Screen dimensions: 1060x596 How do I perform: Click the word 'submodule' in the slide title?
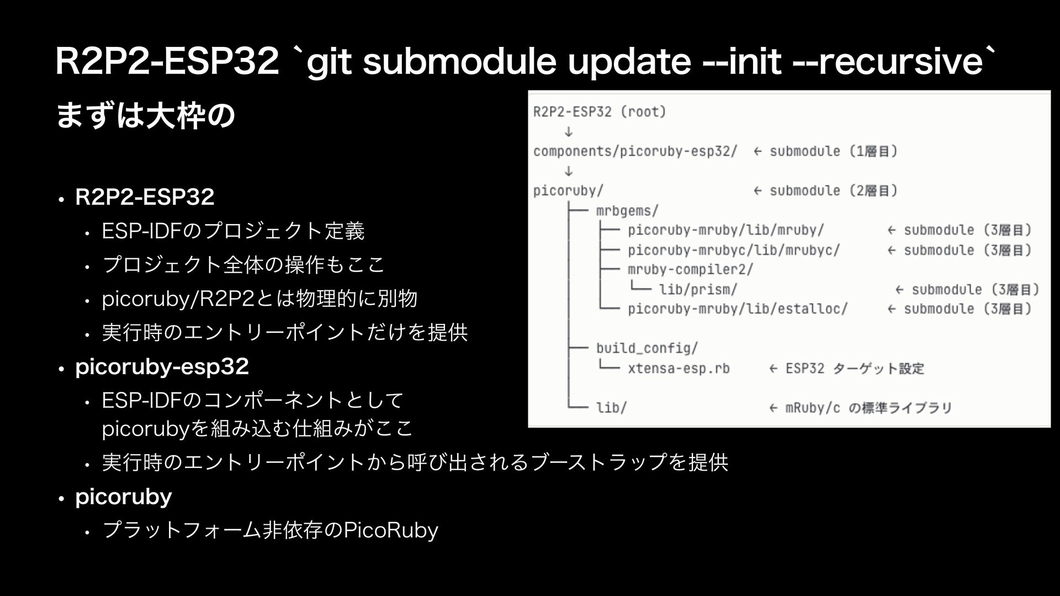pos(460,62)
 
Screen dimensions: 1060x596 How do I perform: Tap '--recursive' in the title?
pos(888,62)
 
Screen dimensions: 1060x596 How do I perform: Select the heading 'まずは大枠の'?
pos(146,116)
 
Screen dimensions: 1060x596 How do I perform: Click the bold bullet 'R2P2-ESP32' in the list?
pos(145,197)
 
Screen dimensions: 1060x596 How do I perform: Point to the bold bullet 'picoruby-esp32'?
pos(162,366)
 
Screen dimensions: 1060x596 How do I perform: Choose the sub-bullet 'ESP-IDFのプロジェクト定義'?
pos(233,231)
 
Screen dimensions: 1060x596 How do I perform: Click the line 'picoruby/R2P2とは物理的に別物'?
pos(259,299)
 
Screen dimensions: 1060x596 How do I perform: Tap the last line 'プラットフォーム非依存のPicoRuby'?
pos(270,530)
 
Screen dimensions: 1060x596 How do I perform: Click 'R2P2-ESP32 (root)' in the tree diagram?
pos(600,112)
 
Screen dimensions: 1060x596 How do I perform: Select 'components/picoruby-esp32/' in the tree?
pos(635,151)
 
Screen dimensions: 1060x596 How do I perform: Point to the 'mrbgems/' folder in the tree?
pos(627,211)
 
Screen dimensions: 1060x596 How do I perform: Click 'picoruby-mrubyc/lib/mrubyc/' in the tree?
pos(734,250)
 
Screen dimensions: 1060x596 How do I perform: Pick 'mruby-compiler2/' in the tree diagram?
pos(690,270)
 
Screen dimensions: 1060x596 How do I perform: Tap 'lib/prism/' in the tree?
pos(698,289)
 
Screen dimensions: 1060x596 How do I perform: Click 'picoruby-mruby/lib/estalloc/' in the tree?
pos(738,309)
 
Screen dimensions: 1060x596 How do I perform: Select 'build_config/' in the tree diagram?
pos(647,348)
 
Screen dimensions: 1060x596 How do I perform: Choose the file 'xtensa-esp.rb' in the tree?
pos(679,368)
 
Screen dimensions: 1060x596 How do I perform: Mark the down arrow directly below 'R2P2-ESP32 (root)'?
pos(568,132)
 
